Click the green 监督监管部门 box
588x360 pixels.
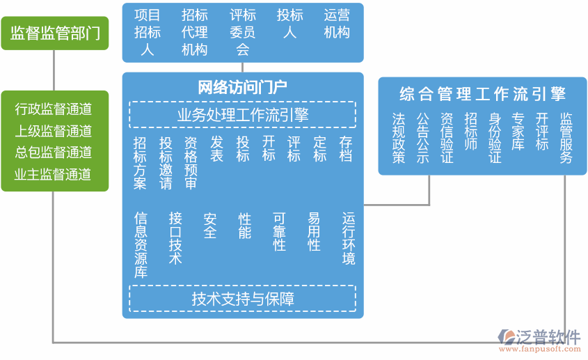[x=55, y=33]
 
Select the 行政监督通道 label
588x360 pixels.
[x=54, y=109]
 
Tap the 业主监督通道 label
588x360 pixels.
[x=54, y=174]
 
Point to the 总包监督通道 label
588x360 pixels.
[x=54, y=152]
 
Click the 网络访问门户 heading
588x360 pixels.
[x=242, y=88]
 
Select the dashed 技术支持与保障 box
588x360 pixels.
[x=242, y=299]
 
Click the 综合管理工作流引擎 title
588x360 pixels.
[x=482, y=93]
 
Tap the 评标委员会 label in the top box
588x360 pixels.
[x=242, y=32]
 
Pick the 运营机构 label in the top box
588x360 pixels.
[x=337, y=24]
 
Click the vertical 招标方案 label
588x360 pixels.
[x=141, y=163]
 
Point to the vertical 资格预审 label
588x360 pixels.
[x=191, y=163]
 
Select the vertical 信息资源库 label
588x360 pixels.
[x=141, y=245]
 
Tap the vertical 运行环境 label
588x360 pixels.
[x=348, y=238]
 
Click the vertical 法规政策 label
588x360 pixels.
[x=398, y=139]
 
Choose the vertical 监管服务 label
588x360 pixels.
[x=566, y=139]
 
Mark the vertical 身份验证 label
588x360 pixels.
[x=495, y=139]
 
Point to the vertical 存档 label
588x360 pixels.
[x=346, y=149]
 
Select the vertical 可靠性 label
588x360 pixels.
[x=280, y=231]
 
